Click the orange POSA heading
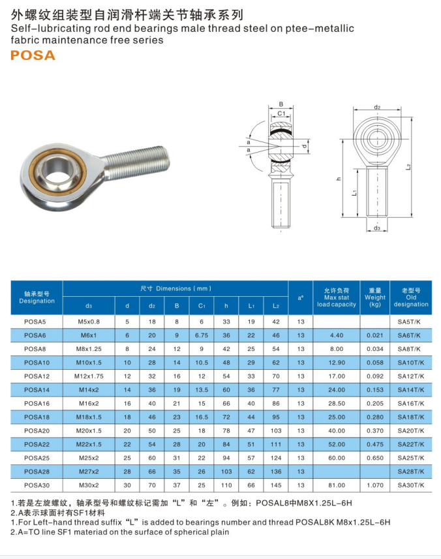point(33,55)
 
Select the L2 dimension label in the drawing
point(407,167)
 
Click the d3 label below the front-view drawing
point(377,228)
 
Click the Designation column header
point(37,297)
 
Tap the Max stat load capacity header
point(336,297)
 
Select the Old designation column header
point(411,297)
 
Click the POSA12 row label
point(37,376)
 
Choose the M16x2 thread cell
point(89,404)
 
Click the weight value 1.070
point(375,485)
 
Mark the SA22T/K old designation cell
point(411,445)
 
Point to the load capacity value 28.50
point(336,404)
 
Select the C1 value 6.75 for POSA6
point(202,335)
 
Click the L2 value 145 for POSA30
point(275,485)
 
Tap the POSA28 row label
point(37,472)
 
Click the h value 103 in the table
point(226,472)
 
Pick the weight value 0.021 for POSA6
point(375,335)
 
